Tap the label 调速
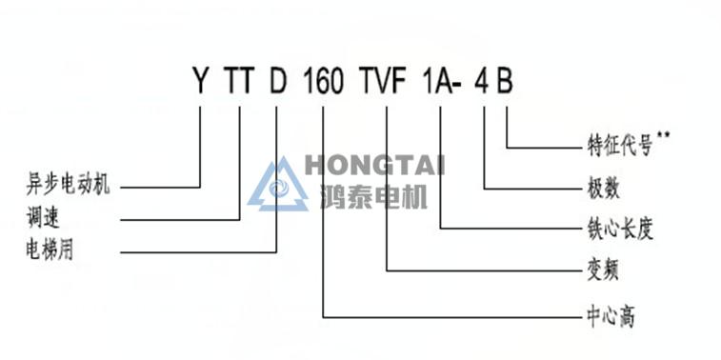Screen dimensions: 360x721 pyautogui.click(x=43, y=218)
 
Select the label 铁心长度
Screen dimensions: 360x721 pyautogui.click(x=620, y=230)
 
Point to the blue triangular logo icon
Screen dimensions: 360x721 pyautogui.click(x=278, y=186)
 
